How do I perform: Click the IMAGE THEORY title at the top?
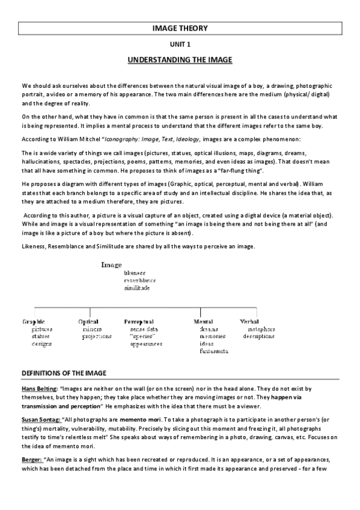tap(180, 28)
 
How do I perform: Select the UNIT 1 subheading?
tap(180, 45)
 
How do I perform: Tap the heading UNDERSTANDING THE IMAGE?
tap(180, 61)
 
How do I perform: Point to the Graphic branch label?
tap(34, 322)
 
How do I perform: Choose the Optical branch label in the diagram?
tap(88, 322)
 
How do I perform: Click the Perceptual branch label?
tap(139, 322)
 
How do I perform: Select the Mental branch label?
tap(204, 322)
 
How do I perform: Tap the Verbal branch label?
tap(249, 322)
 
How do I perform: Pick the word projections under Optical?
tap(97, 337)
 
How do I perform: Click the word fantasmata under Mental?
tap(213, 351)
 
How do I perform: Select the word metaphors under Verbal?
tap(260, 330)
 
